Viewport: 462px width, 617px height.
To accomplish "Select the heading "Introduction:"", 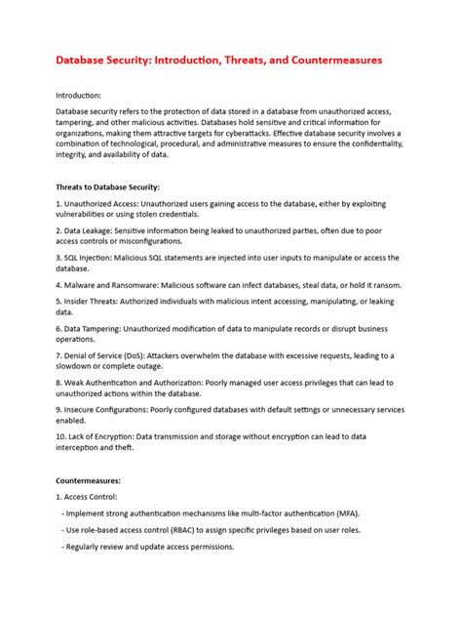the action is pyautogui.click(x=79, y=96).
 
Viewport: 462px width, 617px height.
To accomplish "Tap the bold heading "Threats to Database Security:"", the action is pyautogui.click(x=108, y=186).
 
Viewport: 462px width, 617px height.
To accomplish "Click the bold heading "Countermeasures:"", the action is pyautogui.click(x=89, y=480).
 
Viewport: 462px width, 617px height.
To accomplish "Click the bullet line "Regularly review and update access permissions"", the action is pyautogui.click(x=151, y=546).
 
